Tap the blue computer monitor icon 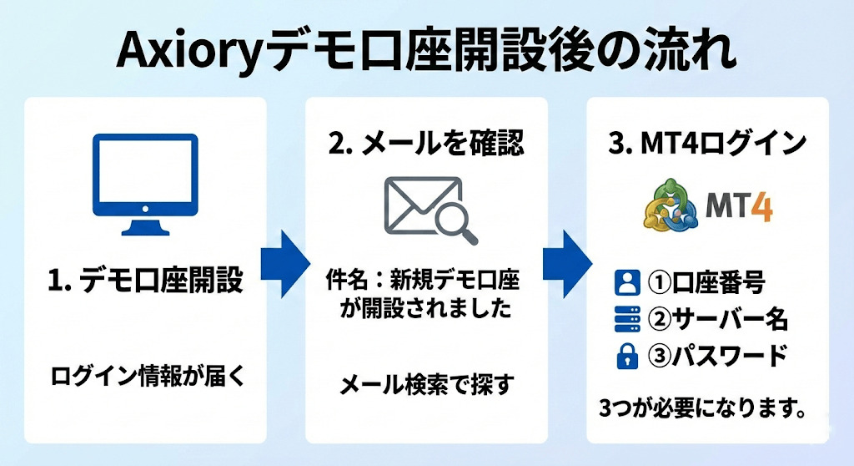coord(144,183)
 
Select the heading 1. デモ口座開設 coord(145,281)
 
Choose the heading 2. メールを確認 coord(426,143)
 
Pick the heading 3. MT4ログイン coord(708,143)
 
